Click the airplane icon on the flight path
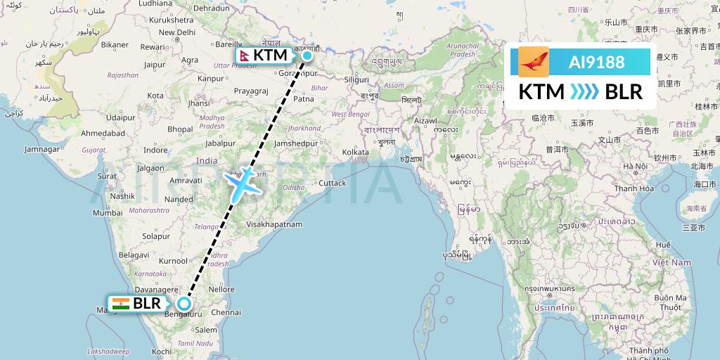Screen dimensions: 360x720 241,184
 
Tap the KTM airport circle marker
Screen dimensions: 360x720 307,55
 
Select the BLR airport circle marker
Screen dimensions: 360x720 184,304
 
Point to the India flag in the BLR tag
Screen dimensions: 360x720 121,304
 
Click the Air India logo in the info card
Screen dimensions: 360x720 534,62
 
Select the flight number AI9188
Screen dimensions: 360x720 596,62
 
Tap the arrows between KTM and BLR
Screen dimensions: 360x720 584,92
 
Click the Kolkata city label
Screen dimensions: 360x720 355,152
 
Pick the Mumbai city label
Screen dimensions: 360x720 108,212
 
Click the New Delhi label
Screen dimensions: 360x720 176,32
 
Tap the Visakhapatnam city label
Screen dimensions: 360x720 274,224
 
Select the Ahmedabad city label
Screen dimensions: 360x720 103,133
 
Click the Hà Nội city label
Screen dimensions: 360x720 634,167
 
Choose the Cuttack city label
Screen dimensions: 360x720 332,183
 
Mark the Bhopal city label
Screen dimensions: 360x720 180,129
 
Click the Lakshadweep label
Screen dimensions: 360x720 109,350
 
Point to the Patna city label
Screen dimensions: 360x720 303,99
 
